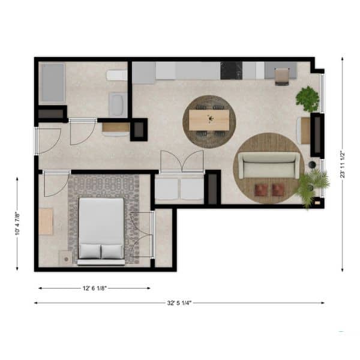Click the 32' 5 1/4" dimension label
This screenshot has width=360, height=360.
[x=179, y=303]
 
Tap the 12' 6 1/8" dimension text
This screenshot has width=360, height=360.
[x=95, y=288]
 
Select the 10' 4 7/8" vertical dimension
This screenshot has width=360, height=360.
[x=17, y=224]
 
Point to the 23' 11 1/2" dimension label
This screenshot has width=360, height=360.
[x=343, y=164]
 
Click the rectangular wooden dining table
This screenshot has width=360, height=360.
[x=209, y=119]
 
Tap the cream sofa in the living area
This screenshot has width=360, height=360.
[x=269, y=165]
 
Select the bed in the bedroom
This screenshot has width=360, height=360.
[x=101, y=232]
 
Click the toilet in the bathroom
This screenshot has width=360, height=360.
[x=116, y=75]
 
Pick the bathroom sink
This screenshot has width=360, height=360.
[x=118, y=104]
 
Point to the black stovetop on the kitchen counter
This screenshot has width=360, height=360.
[x=231, y=70]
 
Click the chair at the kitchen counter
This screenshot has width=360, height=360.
[x=282, y=77]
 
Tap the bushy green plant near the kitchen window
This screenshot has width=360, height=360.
[x=308, y=99]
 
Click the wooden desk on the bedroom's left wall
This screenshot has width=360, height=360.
[x=46, y=221]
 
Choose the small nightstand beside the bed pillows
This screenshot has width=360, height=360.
[x=65, y=257]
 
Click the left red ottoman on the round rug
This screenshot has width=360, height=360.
[x=261, y=190]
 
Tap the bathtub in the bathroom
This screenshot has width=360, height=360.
[x=53, y=82]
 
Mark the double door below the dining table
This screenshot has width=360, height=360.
[x=182, y=161]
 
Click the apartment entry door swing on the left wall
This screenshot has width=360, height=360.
[x=49, y=140]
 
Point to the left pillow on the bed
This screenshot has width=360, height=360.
[x=90, y=251]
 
